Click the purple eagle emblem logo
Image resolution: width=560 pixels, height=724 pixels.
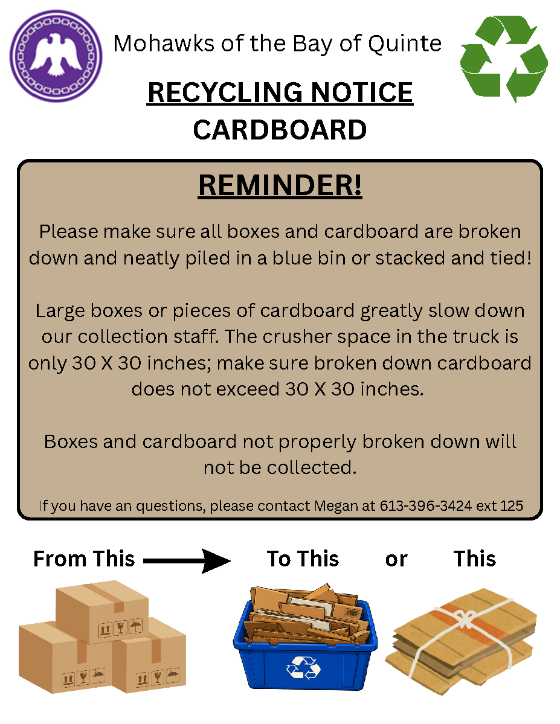(56, 56)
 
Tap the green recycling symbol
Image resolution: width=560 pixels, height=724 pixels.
(504, 59)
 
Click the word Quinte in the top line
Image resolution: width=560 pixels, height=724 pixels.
(405, 44)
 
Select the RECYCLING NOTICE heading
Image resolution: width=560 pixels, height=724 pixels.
(280, 92)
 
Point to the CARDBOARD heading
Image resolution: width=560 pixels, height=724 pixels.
(280, 130)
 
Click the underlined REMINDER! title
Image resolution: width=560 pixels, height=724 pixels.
(280, 185)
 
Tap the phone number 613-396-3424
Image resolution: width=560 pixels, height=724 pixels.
(425, 505)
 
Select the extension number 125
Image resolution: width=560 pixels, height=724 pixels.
(512, 505)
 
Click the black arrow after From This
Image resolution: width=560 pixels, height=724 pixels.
(187, 561)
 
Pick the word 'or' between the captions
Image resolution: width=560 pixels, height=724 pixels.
(396, 560)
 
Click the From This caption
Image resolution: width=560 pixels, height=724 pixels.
(84, 559)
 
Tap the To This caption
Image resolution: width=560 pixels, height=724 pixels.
(303, 559)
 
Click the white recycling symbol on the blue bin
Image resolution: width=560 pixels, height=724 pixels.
(304, 668)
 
